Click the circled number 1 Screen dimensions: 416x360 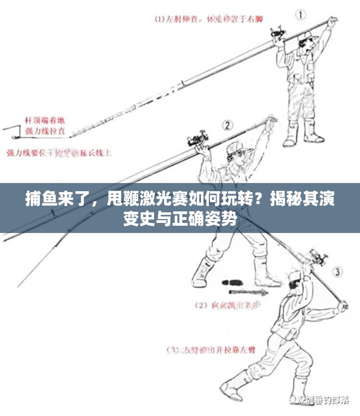click(x=300, y=14)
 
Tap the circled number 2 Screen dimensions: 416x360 click(x=227, y=126)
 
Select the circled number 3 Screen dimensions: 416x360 click(x=338, y=272)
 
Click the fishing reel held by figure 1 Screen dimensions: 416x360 click(x=277, y=34)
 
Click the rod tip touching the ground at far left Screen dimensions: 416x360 click(x=4, y=129)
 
